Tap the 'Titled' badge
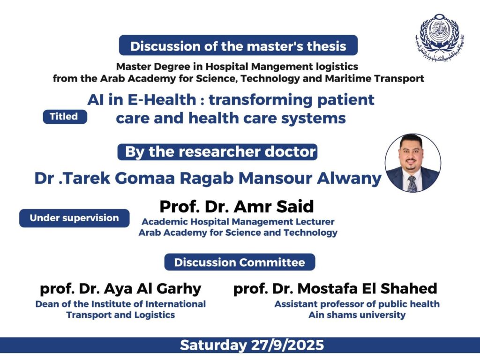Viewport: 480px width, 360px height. [x=65, y=117]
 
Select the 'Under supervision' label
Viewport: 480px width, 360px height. [x=74, y=218]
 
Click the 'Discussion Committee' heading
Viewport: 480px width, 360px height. [x=240, y=262]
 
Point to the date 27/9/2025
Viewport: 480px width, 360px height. [x=287, y=345]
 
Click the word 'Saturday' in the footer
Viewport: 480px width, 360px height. [x=213, y=345]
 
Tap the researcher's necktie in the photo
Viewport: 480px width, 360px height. [x=412, y=184]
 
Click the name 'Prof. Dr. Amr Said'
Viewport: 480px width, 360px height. [x=237, y=206]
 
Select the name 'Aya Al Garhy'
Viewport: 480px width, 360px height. [x=152, y=289]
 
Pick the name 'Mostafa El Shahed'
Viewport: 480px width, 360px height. [x=367, y=288]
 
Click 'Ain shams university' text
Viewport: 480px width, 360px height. [x=357, y=315]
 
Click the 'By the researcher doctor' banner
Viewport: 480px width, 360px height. [x=217, y=152]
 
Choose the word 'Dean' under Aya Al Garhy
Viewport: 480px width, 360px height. [x=45, y=304]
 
